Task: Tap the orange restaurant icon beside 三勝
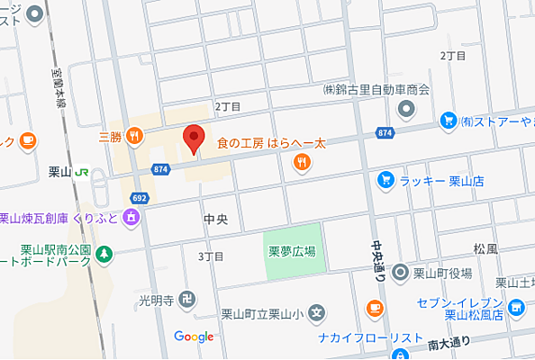(134, 137)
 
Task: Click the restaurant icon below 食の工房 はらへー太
(302, 162)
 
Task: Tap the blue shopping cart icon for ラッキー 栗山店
(385, 180)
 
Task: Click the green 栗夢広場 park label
(291, 251)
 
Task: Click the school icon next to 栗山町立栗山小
(317, 314)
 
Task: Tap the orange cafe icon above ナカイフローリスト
(373, 310)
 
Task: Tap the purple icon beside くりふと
(131, 217)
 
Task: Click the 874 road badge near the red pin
(161, 168)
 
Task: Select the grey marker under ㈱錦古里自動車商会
(405, 109)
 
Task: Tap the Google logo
(194, 337)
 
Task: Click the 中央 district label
(216, 218)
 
